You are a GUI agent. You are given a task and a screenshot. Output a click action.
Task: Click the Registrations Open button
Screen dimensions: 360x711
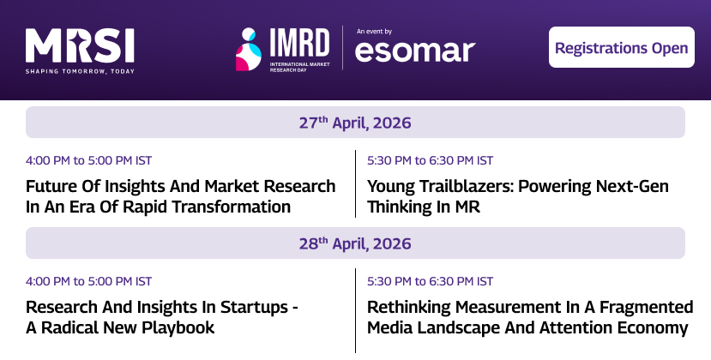621,47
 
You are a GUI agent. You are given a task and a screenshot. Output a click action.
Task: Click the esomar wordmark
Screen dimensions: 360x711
414,51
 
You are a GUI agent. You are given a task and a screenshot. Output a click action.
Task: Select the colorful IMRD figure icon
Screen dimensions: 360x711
249,49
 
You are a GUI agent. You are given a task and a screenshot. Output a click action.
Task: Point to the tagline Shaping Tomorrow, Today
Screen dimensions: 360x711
80,71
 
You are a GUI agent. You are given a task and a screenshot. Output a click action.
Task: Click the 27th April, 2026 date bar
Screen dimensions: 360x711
355,123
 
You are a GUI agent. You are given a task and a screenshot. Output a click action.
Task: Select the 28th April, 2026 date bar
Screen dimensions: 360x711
355,243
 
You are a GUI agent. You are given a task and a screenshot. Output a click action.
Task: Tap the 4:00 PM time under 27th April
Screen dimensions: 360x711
89,160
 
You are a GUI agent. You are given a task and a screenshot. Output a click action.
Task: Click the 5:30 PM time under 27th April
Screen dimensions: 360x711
430,160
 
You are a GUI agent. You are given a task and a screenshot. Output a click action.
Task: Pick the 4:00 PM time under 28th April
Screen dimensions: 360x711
89,280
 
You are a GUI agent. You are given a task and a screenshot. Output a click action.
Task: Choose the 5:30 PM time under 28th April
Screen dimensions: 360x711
430,280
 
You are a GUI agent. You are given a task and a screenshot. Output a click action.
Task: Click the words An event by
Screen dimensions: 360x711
374,29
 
